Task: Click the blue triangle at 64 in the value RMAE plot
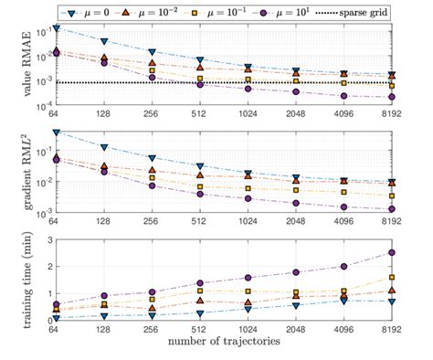pyautogui.click(x=56, y=28)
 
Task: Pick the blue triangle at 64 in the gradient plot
pyautogui.click(x=56, y=133)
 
